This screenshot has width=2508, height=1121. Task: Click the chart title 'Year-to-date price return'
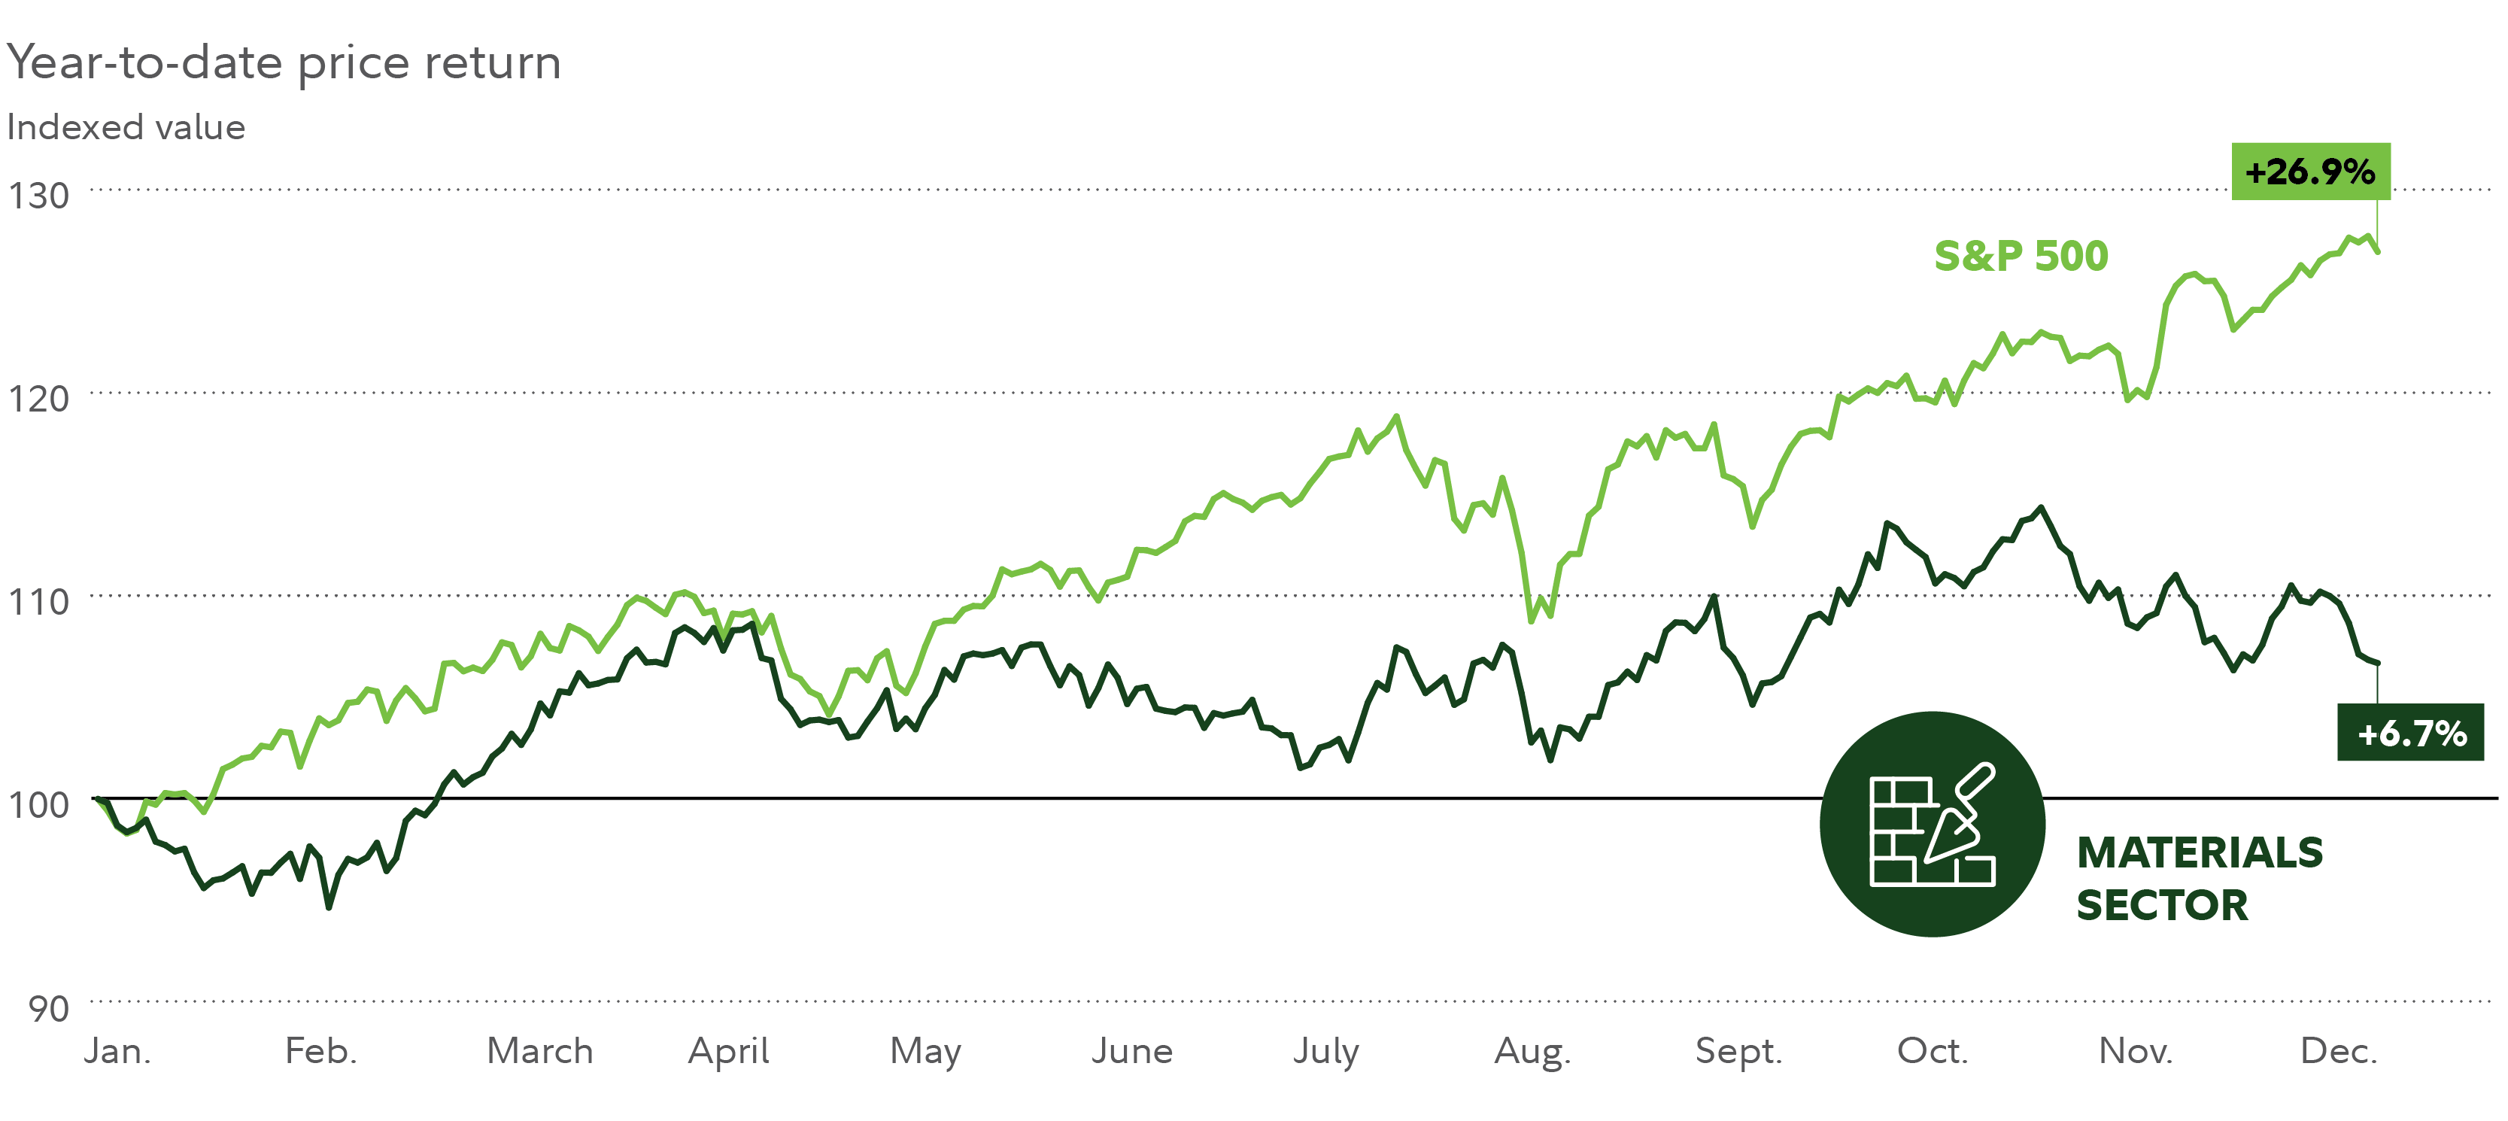pyautogui.click(x=284, y=62)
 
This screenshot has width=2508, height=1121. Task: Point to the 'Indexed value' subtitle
pyautogui.click(x=126, y=128)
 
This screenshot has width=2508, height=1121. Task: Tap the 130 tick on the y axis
pyautogui.click(x=39, y=196)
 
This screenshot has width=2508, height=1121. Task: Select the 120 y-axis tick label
pyautogui.click(x=39, y=398)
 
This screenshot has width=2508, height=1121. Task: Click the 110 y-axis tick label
pyautogui.click(x=39, y=602)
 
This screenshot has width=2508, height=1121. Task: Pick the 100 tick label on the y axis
pyautogui.click(x=39, y=804)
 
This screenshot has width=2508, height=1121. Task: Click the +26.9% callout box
pyautogui.click(x=2309, y=172)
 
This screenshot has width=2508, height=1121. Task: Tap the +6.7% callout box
pyautogui.click(x=2411, y=732)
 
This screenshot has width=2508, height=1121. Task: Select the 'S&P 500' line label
pyautogui.click(x=2021, y=256)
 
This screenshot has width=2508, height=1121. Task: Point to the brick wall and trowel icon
pyautogui.click(x=1932, y=824)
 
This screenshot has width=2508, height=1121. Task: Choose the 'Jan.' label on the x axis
pyautogui.click(x=118, y=1051)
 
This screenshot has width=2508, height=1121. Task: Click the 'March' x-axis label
pyautogui.click(x=539, y=1051)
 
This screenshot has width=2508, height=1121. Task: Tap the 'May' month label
pyautogui.click(x=925, y=1052)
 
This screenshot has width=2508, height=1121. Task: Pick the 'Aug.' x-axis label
pyautogui.click(x=1532, y=1052)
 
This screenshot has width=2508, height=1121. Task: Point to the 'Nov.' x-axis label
pyautogui.click(x=2135, y=1051)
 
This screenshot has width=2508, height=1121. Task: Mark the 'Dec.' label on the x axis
pyautogui.click(x=2339, y=1051)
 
